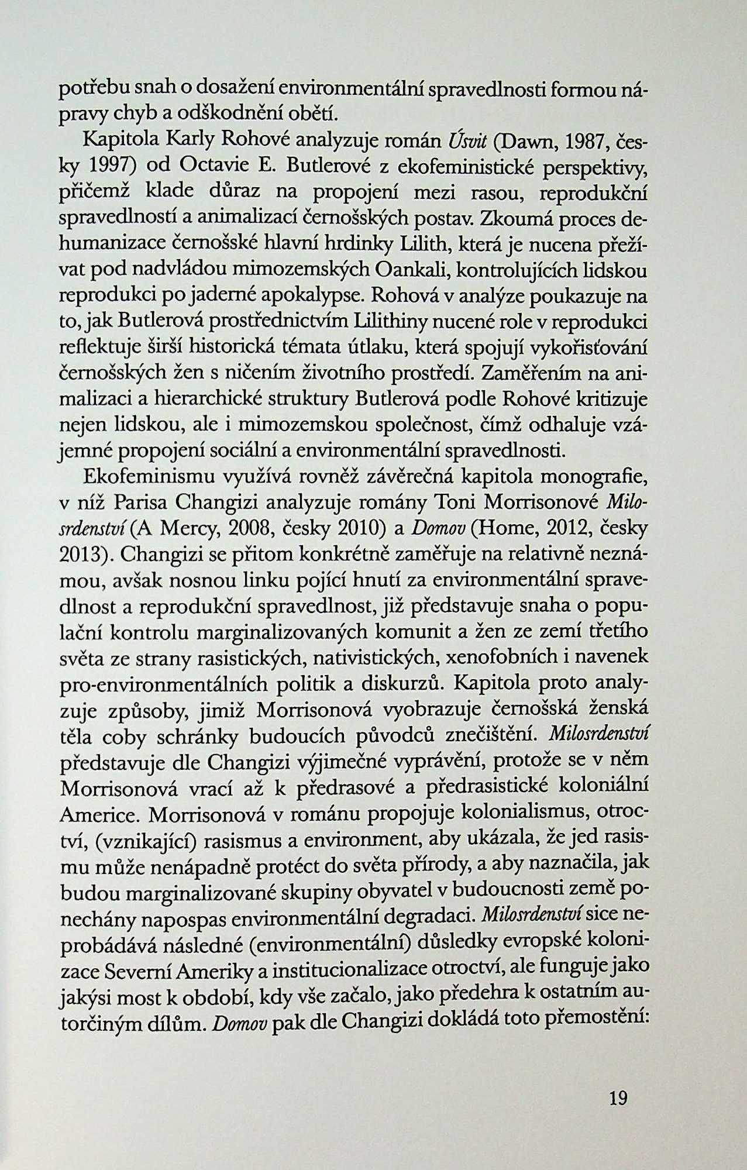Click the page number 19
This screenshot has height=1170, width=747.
(x=618, y=1098)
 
